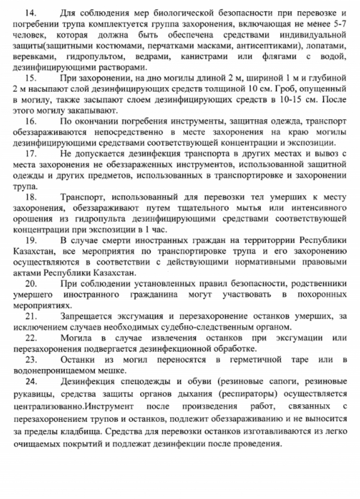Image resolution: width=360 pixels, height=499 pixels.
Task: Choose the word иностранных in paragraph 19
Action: click(x=161, y=241)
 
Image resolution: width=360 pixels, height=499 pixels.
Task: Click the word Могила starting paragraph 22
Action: click(x=76, y=338)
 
